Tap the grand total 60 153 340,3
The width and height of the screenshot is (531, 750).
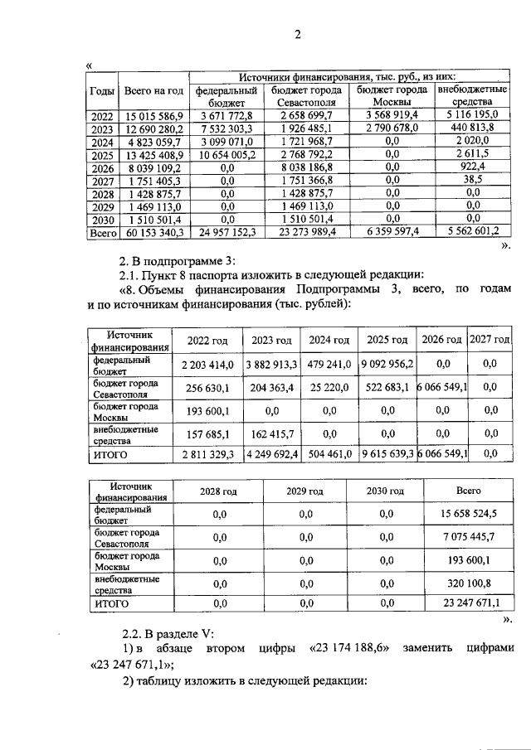pyautogui.click(x=152, y=234)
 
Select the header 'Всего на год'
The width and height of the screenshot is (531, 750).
pyautogui.click(x=152, y=90)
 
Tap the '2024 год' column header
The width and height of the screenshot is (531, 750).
pyautogui.click(x=329, y=340)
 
